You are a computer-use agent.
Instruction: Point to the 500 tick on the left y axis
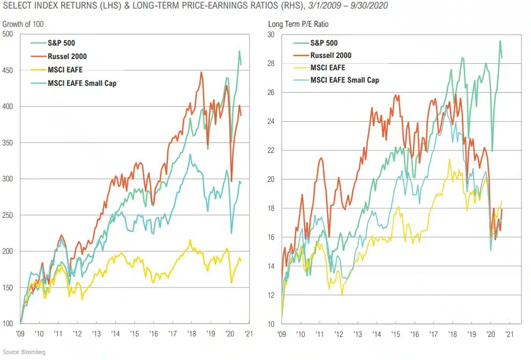pyautogui.click(x=8, y=34)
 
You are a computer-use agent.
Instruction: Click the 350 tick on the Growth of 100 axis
pyautogui.click(x=8, y=143)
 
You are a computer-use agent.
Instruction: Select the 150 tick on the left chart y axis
pyautogui.click(x=8, y=288)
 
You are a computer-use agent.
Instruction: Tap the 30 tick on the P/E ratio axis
pyautogui.click(x=271, y=34)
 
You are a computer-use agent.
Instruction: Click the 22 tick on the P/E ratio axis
pyautogui.click(x=271, y=150)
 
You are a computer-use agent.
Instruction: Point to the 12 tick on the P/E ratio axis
pyautogui.click(x=271, y=295)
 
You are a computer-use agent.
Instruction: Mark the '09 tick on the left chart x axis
pyautogui.click(x=20, y=334)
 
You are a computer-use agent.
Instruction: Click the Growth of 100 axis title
pyautogui.click(x=23, y=24)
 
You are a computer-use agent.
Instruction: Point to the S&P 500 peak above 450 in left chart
pyautogui.click(x=239, y=52)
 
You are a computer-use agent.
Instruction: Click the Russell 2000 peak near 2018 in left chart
pyautogui.click(x=201, y=72)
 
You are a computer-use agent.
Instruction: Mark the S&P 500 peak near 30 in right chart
pyautogui.click(x=500, y=41)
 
